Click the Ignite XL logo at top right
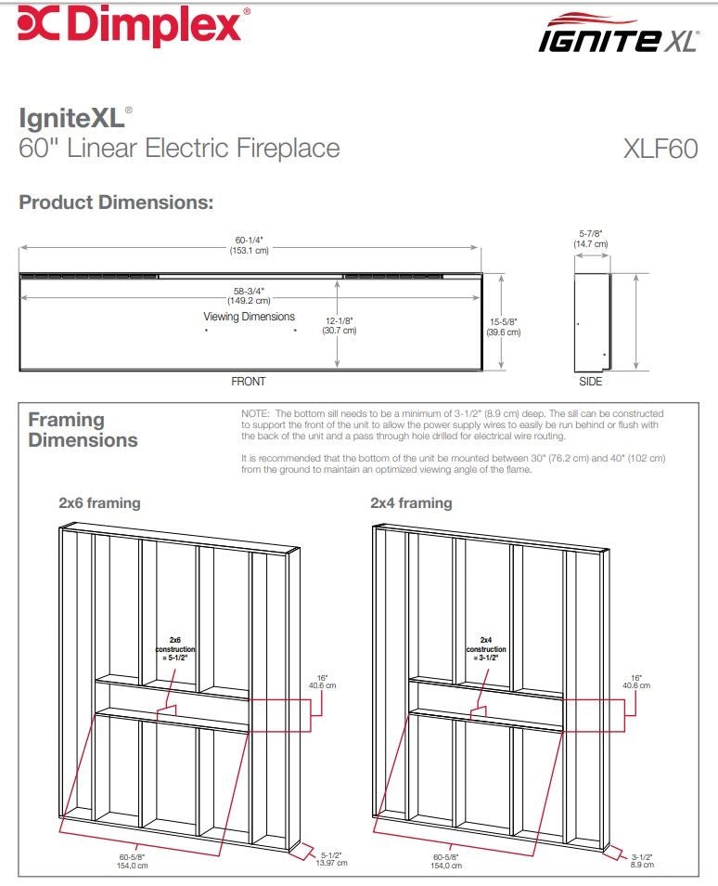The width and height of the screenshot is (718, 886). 617,33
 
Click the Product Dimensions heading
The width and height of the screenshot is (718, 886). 116,202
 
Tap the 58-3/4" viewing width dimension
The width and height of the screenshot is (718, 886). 249,295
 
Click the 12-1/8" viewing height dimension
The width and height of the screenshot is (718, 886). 339,325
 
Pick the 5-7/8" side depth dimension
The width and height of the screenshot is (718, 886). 591,239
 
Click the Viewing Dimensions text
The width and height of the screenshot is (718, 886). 249,317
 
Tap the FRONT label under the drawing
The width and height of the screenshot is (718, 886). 248,382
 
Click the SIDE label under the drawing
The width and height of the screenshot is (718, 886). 590,382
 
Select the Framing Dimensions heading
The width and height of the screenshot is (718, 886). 83,430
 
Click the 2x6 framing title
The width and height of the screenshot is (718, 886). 99,503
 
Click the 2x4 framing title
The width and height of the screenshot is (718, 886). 411,503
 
